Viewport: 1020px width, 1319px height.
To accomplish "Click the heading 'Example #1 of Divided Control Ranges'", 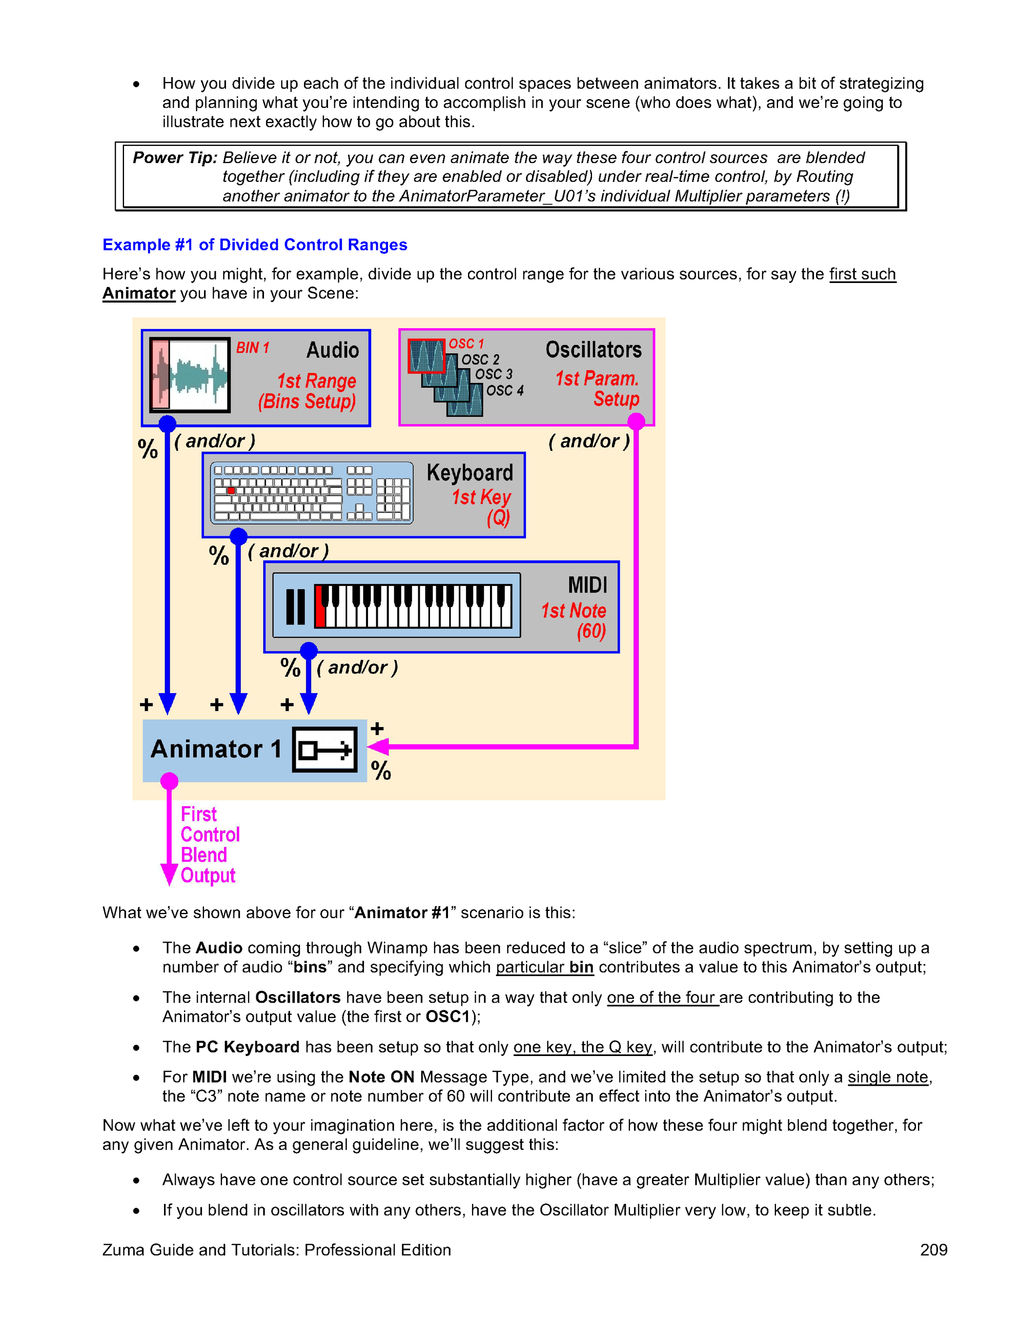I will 255,245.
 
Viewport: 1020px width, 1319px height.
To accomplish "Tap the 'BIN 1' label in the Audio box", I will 252,348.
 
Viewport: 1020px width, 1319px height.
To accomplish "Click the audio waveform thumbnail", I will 190,375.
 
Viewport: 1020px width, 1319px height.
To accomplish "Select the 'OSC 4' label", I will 505,391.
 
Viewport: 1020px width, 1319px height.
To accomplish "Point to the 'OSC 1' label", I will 466,344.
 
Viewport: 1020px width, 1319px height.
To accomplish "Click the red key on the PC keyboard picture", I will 230,490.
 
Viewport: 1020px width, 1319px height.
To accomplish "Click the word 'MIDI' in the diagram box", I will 588,585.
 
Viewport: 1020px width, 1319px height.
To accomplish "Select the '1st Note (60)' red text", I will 574,620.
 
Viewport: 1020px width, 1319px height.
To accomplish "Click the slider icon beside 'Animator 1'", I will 324,749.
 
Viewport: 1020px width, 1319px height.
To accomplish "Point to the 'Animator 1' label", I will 216,749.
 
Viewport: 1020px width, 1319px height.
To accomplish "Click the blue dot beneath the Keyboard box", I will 239,536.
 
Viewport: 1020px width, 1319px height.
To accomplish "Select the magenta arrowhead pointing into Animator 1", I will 377,747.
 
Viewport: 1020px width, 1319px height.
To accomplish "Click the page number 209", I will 933,1250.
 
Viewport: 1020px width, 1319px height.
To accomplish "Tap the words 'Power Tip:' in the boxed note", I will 175,158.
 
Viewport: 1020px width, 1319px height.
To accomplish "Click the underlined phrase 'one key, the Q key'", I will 583,1047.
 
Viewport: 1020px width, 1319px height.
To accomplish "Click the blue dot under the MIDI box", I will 309,650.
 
